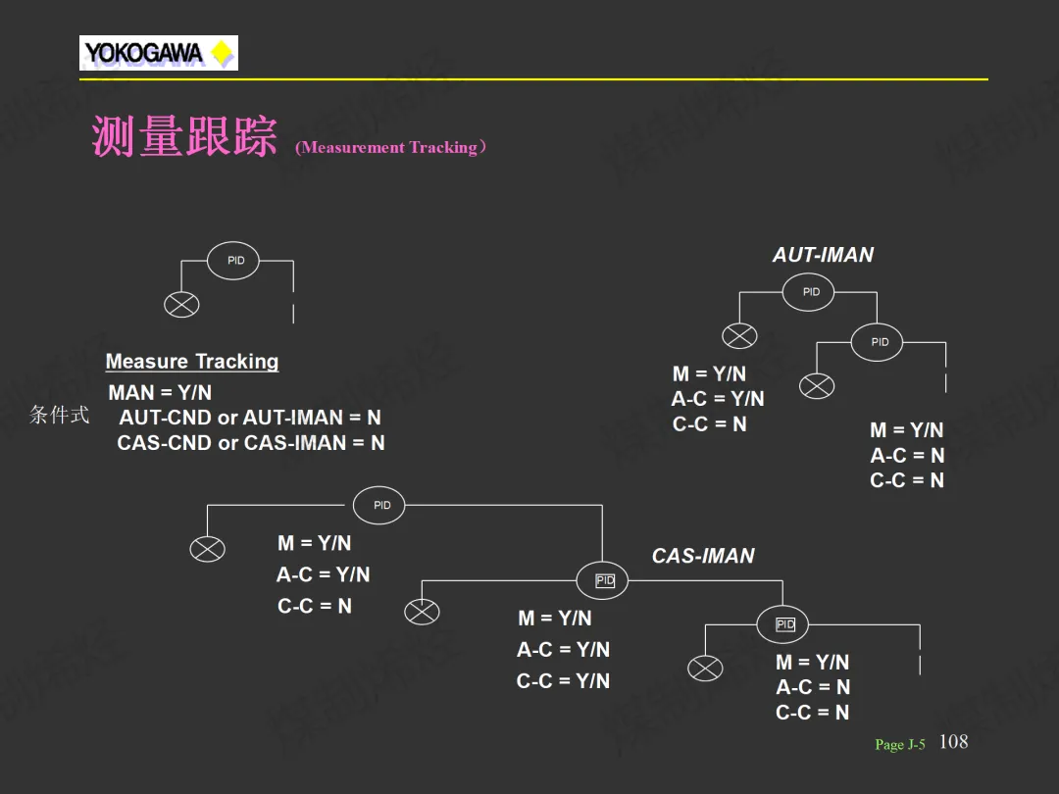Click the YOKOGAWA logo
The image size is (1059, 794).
coord(159,53)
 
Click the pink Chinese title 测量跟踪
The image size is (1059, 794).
coord(184,136)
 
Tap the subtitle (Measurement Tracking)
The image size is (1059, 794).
coord(391,147)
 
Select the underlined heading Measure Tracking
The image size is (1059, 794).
coord(192,361)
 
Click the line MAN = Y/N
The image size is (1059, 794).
coord(160,392)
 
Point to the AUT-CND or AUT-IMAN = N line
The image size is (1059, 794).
coord(250,418)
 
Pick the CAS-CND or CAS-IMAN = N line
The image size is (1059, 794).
coord(251,442)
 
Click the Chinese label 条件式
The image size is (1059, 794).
coord(60,415)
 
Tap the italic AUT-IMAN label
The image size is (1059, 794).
coord(824,255)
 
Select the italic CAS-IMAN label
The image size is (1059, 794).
coord(703,556)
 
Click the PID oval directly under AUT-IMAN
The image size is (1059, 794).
coord(808,292)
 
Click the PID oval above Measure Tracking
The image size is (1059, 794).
coord(233,261)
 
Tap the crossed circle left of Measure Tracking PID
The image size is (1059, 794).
coord(181,305)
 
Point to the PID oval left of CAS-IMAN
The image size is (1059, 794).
coord(602,580)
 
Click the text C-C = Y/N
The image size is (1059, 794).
coord(563,680)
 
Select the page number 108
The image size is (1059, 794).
coord(954,741)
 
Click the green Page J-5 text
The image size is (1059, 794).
coord(900,744)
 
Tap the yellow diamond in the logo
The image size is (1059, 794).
coord(223,53)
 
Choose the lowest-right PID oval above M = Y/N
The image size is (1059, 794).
coord(782,624)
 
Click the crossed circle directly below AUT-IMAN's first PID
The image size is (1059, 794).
coord(739,335)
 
